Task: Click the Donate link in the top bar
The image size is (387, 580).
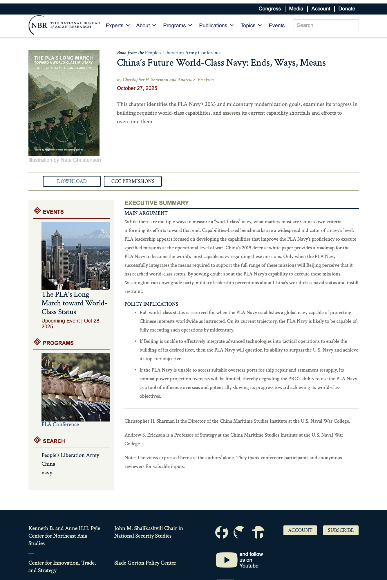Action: click(x=346, y=9)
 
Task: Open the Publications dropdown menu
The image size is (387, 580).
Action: click(x=216, y=26)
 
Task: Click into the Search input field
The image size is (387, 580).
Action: click(x=326, y=25)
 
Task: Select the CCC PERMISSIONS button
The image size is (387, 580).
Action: click(x=133, y=181)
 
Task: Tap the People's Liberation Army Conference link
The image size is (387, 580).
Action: click(x=183, y=53)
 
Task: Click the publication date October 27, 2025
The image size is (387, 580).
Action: click(x=137, y=88)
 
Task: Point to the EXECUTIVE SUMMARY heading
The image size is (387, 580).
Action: click(x=156, y=203)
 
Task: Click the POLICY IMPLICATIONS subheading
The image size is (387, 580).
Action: click(x=151, y=304)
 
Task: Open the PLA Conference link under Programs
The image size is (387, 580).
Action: click(x=60, y=424)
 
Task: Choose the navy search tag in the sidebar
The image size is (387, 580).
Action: click(x=47, y=473)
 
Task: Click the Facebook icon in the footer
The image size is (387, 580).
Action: click(x=222, y=532)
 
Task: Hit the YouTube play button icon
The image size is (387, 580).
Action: click(x=226, y=560)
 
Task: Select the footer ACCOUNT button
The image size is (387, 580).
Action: click(x=300, y=530)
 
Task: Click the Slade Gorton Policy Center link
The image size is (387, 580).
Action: click(x=145, y=563)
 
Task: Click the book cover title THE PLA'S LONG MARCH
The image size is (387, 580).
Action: click(x=63, y=58)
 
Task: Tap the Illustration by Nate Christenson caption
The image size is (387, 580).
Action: click(x=64, y=160)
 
